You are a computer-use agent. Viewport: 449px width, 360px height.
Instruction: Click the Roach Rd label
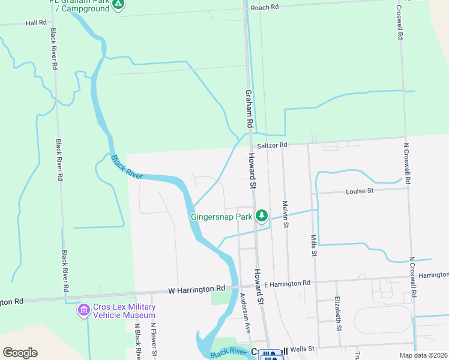coord(265,7)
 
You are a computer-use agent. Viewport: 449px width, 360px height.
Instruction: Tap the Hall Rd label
coord(36,22)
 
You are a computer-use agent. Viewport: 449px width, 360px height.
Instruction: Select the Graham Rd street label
coord(248,109)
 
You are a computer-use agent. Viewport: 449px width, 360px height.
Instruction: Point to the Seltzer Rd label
coord(273,145)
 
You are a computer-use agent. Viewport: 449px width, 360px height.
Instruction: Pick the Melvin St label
coord(286,214)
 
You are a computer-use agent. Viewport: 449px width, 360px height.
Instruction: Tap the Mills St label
coord(313,245)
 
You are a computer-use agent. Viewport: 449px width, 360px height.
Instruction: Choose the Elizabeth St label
coord(338,313)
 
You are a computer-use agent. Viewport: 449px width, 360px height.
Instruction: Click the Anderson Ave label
coord(246,313)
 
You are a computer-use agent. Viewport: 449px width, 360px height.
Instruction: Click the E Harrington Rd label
coord(287,283)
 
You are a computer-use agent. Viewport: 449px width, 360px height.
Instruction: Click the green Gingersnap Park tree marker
coord(261,215)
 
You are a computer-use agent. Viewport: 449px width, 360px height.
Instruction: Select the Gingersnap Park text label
coord(221,217)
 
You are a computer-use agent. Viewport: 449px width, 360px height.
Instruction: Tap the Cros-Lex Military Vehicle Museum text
coord(124,311)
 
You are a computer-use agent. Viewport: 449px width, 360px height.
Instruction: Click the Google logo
coord(20,353)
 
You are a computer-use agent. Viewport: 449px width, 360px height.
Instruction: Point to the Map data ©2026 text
coord(423,355)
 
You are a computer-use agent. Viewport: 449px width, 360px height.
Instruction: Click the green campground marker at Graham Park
coord(119,5)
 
